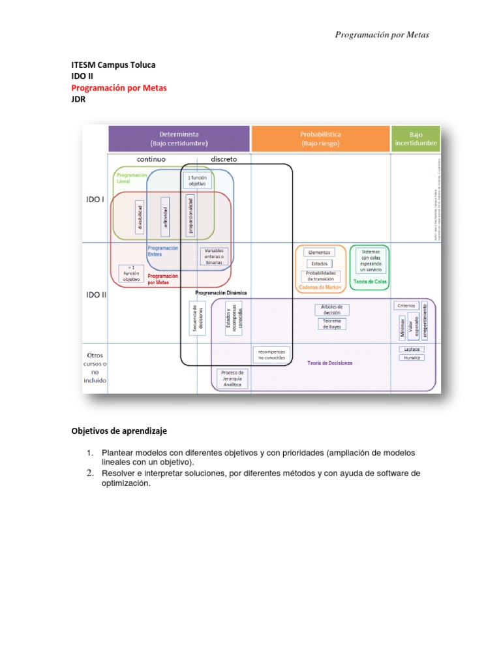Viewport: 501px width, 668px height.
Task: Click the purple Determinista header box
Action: coord(179,138)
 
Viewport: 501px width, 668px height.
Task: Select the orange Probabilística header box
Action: coord(320,138)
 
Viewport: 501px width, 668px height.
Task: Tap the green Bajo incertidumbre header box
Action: coord(416,138)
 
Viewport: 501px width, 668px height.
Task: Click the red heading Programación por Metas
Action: coord(119,88)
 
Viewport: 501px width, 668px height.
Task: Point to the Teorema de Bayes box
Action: coord(332,324)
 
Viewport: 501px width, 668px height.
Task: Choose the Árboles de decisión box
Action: coord(332,309)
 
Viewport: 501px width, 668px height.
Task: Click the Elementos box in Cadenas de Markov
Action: coord(319,252)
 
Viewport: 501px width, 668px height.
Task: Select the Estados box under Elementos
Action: coord(319,264)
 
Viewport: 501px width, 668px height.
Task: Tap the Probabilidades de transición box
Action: coord(320,275)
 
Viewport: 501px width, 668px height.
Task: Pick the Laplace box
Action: coord(412,349)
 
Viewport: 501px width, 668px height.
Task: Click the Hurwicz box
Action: coord(412,357)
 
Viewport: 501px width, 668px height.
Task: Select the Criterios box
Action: coord(406,305)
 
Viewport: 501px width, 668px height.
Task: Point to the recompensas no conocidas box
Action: coord(271,354)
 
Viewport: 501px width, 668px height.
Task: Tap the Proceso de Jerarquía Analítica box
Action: coord(232,378)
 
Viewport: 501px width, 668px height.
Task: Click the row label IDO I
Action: coord(95,200)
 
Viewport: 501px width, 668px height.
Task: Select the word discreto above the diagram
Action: coord(224,159)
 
